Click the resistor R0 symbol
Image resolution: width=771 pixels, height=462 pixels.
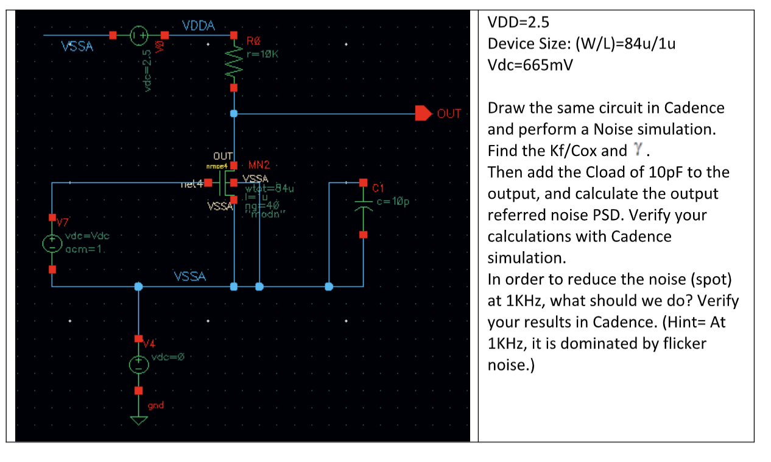234,62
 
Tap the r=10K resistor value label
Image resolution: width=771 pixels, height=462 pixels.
262,54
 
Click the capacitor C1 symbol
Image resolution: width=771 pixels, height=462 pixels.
363,208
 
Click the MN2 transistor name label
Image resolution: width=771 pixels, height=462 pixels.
259,165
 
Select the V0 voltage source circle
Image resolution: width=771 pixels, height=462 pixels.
138,35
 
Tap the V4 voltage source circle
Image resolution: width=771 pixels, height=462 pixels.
139,364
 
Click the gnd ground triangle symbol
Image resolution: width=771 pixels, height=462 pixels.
139,421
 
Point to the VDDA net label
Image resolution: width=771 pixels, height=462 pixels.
199,26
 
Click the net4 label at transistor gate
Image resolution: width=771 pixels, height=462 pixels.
191,182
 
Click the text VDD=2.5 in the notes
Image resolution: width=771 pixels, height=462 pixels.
518,23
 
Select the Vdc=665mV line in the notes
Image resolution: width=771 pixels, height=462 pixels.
530,65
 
